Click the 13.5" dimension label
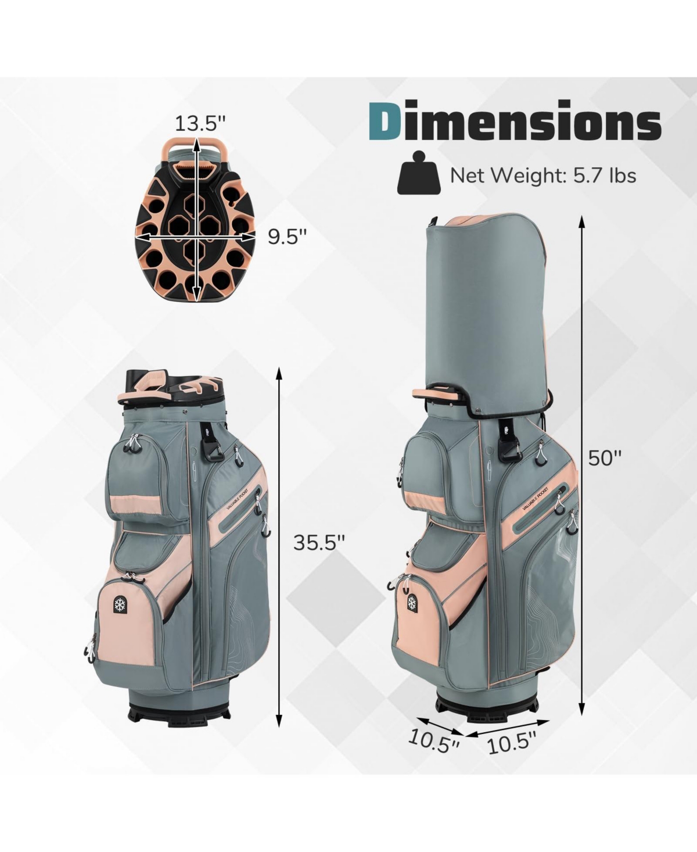200,123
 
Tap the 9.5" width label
288,237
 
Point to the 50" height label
605,458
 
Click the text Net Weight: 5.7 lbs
543,176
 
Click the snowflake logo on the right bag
412,603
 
